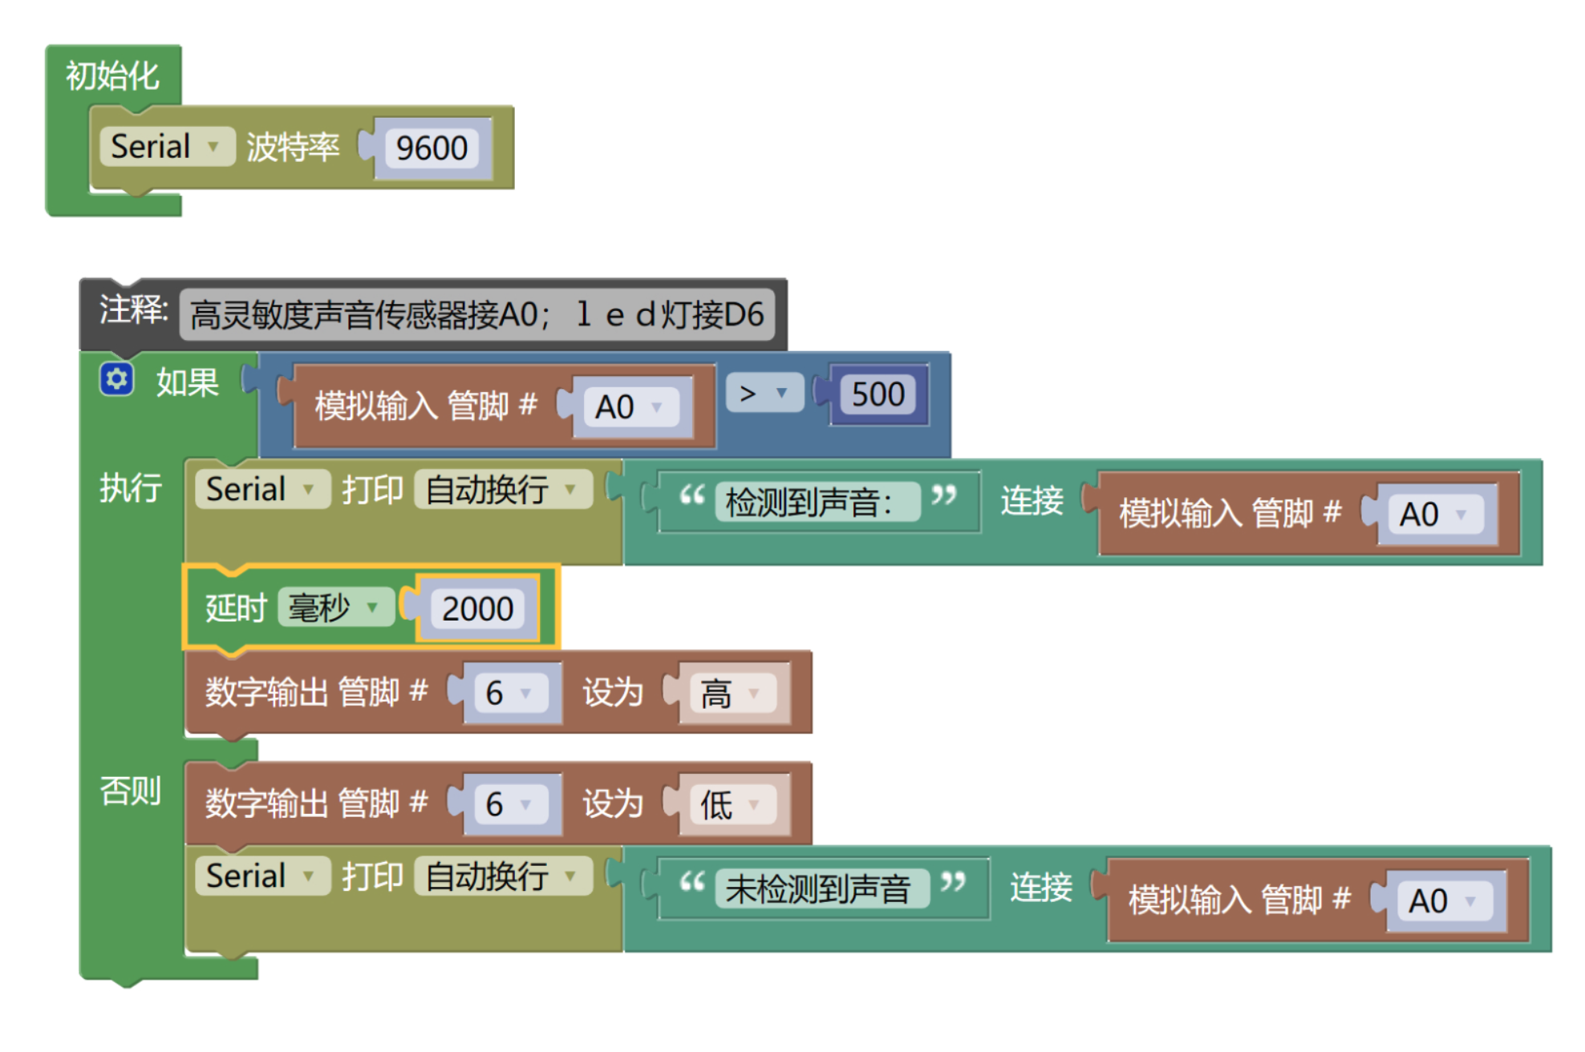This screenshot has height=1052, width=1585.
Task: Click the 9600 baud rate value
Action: [432, 148]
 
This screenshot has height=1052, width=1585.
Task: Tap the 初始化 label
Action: [112, 76]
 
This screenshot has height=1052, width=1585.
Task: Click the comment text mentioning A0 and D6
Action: [476, 314]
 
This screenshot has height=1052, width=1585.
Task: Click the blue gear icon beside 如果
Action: [116, 378]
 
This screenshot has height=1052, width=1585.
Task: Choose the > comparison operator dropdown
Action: [764, 393]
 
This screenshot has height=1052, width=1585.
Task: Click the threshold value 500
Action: [878, 394]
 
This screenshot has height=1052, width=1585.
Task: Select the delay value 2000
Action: [477, 609]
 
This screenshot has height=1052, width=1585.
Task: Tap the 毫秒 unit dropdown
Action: [334, 608]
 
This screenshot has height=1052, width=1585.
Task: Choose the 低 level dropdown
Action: [729, 804]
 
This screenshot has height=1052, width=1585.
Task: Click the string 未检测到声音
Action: [819, 888]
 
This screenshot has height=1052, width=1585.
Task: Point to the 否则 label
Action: [130, 791]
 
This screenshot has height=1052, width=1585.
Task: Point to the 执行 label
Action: [130, 488]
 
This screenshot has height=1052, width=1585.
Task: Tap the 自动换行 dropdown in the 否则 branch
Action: [501, 876]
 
